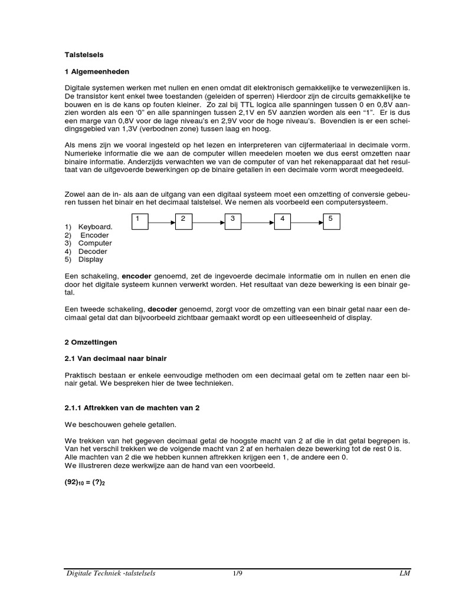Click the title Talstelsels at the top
pyautogui.click(x=84, y=54)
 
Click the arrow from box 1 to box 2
pyautogui.click(x=162, y=223)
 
